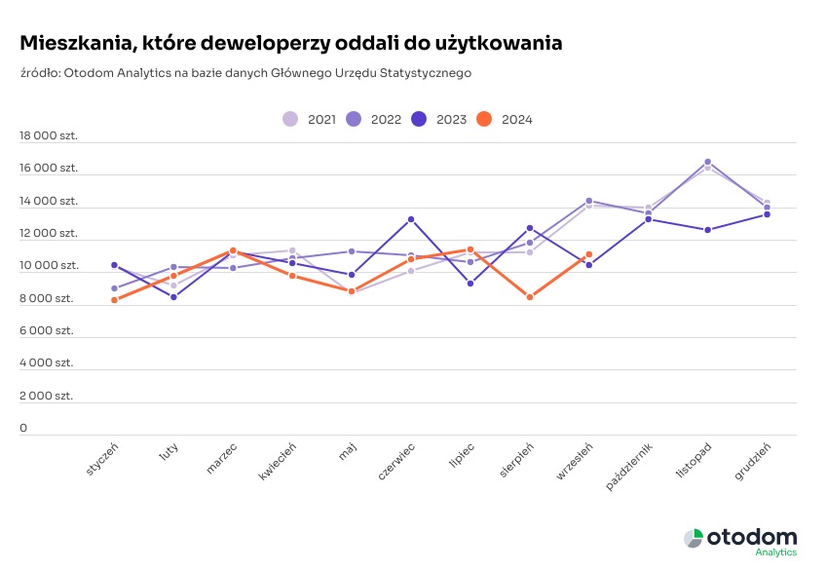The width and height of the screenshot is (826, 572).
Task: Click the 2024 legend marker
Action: pos(484,119)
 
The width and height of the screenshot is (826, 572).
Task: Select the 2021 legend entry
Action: pos(290,119)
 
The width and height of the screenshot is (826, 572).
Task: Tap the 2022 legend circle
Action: pos(354,119)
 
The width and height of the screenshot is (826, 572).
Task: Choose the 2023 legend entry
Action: pos(419,119)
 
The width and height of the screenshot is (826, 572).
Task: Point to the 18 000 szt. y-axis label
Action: pos(49,136)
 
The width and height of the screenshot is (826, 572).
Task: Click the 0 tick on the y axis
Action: pos(24,428)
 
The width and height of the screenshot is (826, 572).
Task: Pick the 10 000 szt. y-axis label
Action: pos(49,266)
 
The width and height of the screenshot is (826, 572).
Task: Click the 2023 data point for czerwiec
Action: pos(411,219)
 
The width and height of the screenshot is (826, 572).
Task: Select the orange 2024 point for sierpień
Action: pos(530,297)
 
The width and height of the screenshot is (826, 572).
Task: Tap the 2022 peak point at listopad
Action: pos(707,162)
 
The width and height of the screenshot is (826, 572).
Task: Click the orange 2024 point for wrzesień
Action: pos(589,254)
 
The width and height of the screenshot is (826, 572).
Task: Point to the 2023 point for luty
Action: pos(173,297)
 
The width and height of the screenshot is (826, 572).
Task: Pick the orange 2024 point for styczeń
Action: pos(114,300)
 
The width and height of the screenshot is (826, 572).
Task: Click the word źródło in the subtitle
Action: pos(38,73)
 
